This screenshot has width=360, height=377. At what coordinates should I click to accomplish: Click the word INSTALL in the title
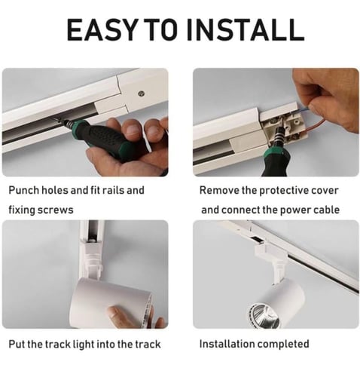tap(246, 29)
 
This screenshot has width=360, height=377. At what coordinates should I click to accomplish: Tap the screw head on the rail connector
tap(142, 93)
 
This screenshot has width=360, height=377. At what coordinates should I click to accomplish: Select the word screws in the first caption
tap(56, 210)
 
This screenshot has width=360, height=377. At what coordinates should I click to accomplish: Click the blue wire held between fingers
tap(304, 109)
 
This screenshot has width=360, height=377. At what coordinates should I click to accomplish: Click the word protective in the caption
tap(283, 191)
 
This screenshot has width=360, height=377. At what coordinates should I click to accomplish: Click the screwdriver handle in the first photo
tap(107, 136)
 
